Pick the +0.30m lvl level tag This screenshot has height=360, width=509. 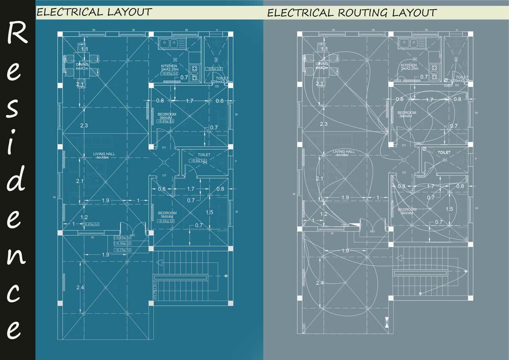click(123, 243)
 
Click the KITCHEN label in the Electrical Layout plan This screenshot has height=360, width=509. click(169, 66)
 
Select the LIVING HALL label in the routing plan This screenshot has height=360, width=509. click(344, 152)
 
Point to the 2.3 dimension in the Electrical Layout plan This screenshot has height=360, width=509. click(84, 125)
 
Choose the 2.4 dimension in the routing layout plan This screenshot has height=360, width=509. click(320, 283)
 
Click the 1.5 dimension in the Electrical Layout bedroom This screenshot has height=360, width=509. click(210, 212)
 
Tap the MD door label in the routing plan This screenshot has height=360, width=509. click(372, 231)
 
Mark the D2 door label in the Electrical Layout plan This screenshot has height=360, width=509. click(217, 86)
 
